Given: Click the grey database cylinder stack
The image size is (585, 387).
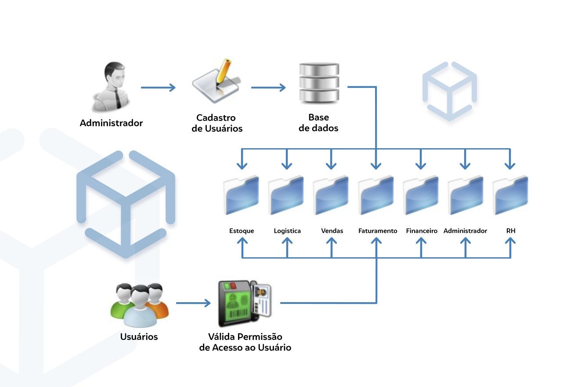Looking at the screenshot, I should pyautogui.click(x=319, y=83).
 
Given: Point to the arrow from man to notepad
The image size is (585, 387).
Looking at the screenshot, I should pyautogui.click(x=158, y=88).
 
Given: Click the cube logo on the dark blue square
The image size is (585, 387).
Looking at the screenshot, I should pyautogui.click(x=450, y=94).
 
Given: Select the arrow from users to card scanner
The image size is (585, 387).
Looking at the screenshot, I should pyautogui.click(x=193, y=303).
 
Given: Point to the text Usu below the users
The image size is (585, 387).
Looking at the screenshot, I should pyautogui.click(x=128, y=337).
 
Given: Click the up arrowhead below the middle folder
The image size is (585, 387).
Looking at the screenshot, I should pyautogui.click(x=376, y=241).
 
